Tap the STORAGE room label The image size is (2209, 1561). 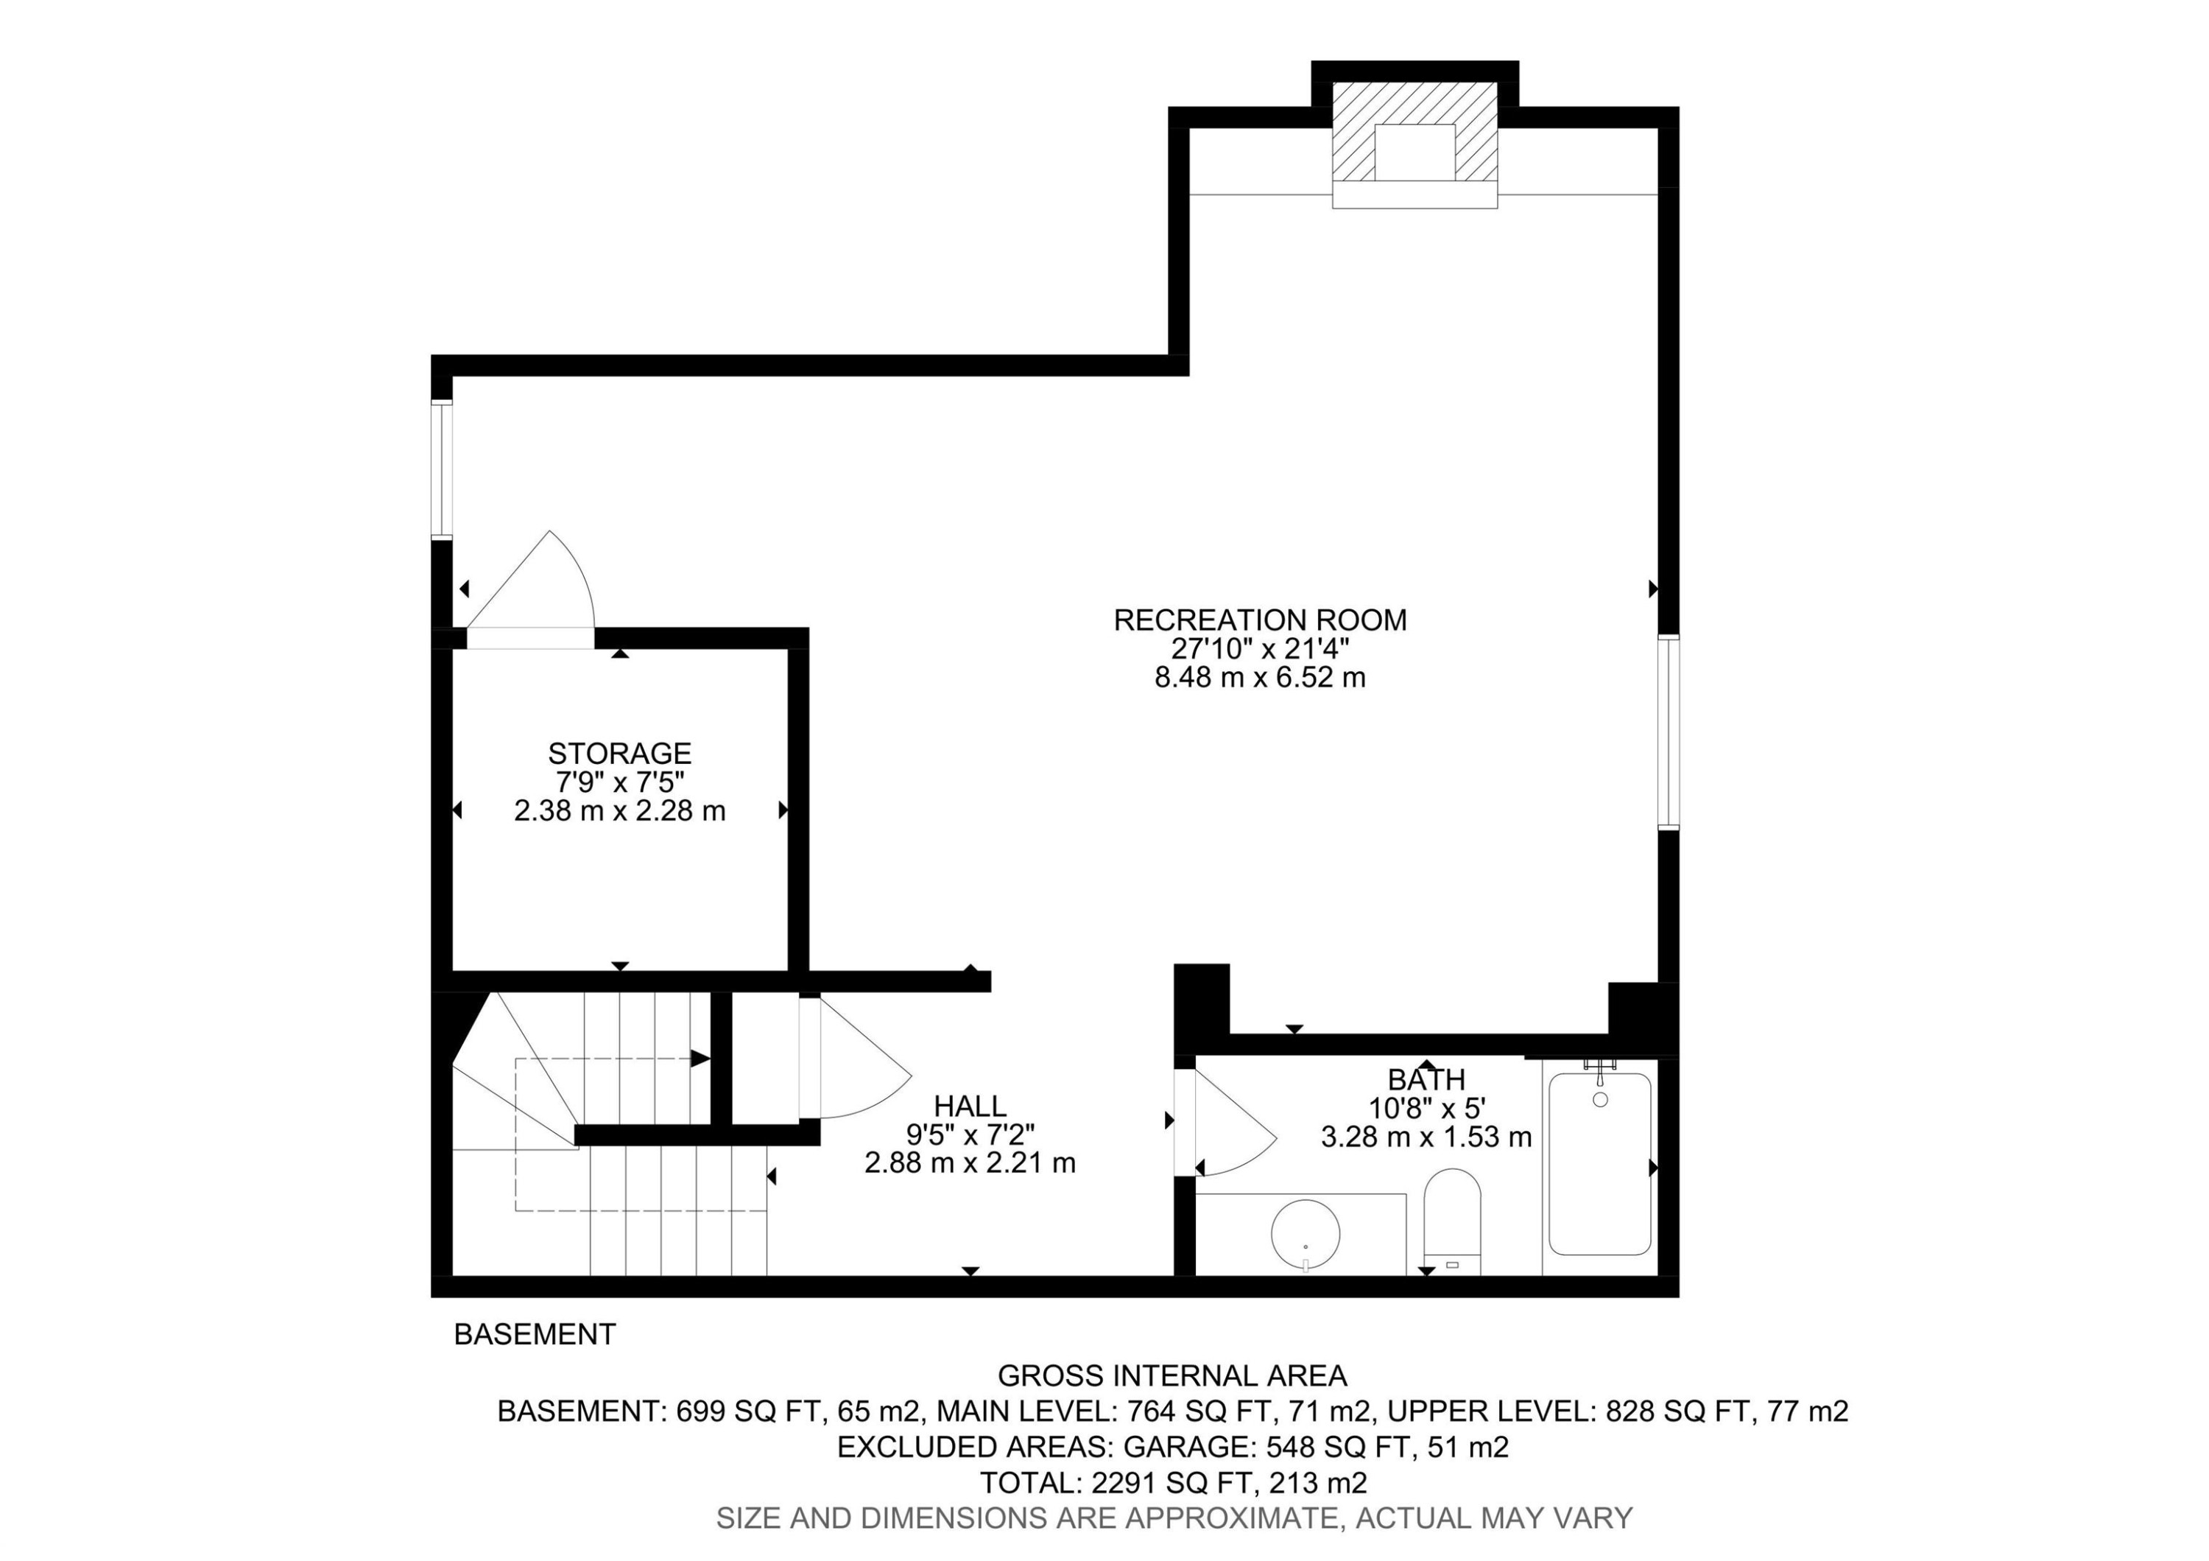click(x=619, y=753)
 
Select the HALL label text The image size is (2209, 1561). click(x=970, y=1106)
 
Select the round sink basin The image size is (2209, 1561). click(x=1306, y=1234)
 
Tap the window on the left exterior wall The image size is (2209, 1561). click(x=442, y=470)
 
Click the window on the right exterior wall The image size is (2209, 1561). click(x=1669, y=732)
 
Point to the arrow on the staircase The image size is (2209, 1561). click(x=700, y=1059)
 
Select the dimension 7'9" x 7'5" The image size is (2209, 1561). click(x=619, y=782)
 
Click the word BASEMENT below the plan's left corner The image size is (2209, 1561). click(x=535, y=1335)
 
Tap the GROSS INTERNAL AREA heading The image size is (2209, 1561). click(x=1172, y=1375)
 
